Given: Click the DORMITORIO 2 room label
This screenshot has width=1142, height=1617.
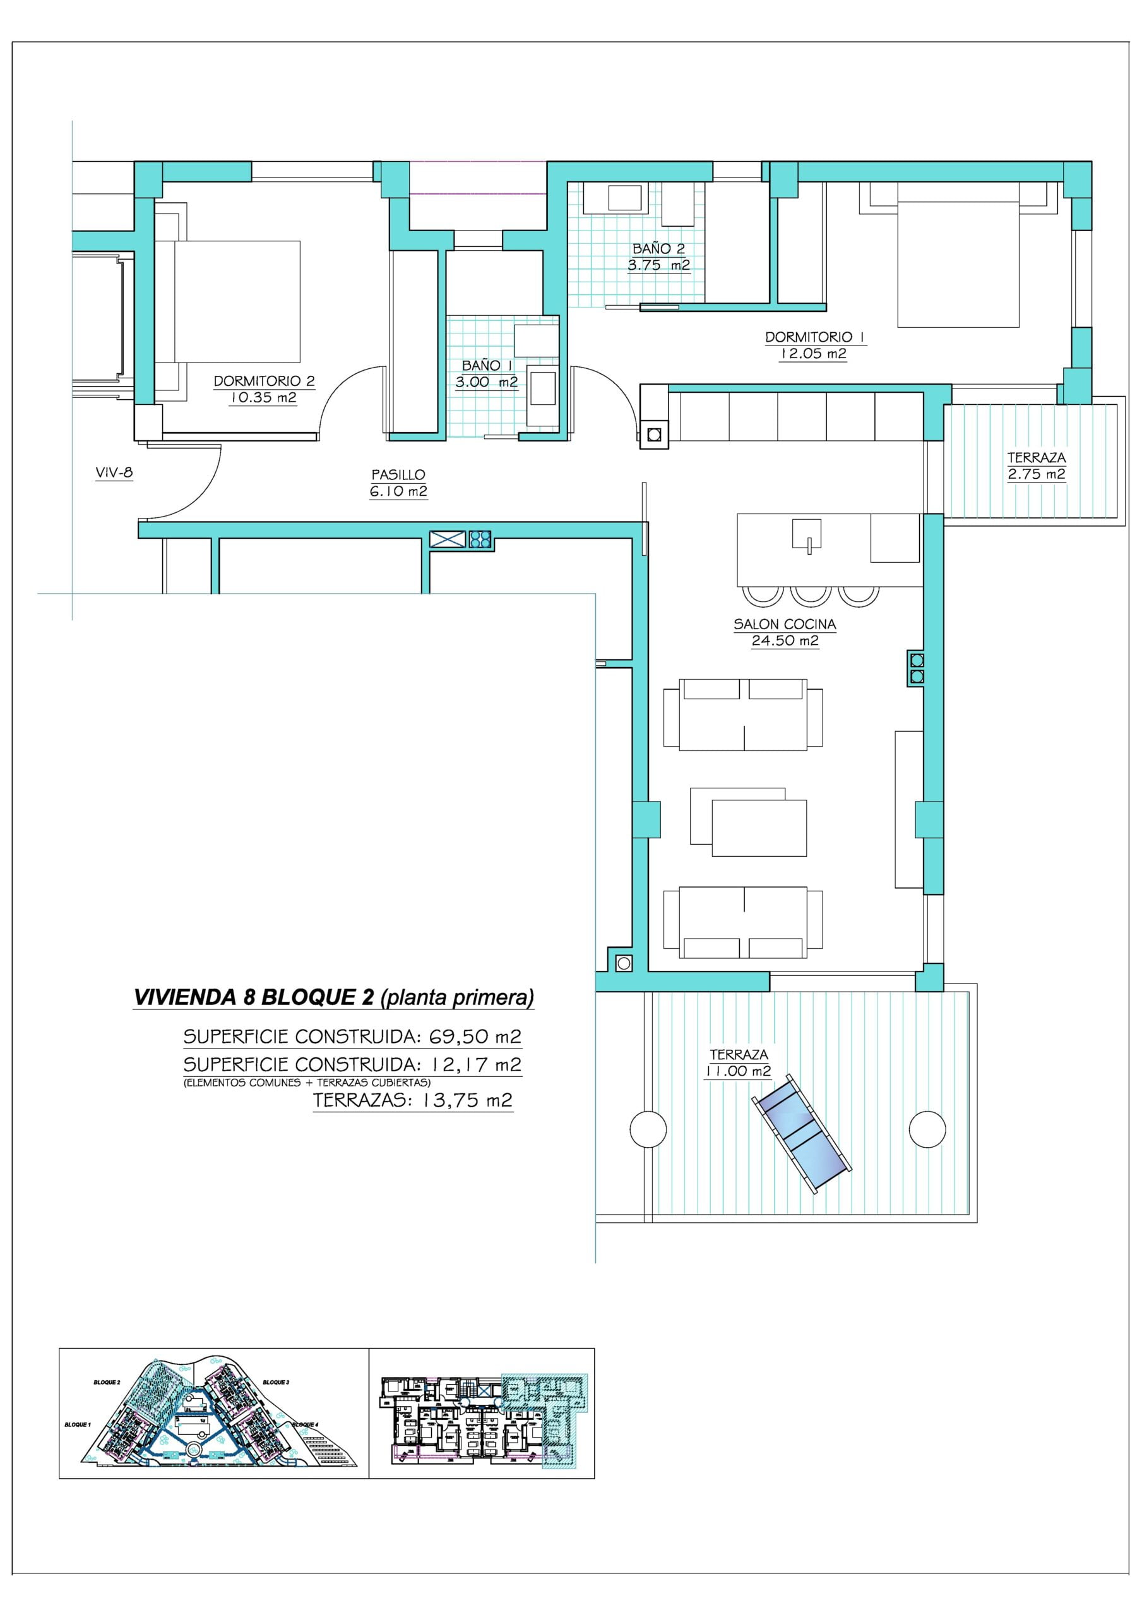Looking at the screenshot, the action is (264, 381).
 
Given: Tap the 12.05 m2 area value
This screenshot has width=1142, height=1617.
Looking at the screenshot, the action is (812, 354).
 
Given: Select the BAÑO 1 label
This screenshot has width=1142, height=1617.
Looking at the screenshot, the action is (487, 366).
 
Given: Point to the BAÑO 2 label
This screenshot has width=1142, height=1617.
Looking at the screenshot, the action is (658, 249).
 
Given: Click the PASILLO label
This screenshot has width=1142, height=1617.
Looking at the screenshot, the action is (398, 474).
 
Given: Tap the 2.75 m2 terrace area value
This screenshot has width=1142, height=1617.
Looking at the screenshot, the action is (1037, 474).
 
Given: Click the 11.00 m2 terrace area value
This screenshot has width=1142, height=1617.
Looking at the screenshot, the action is (739, 1071).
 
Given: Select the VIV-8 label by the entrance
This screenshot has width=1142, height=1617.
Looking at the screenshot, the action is (114, 472).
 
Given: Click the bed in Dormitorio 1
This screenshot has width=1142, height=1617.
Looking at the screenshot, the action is (958, 255).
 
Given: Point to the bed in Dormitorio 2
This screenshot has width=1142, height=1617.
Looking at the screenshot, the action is (227, 302).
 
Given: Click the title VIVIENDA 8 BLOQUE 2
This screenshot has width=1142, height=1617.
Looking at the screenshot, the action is (254, 997).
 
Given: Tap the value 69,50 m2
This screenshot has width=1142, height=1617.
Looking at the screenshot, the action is (475, 1037).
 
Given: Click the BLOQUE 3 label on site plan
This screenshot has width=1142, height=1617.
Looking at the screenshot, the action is (276, 1383).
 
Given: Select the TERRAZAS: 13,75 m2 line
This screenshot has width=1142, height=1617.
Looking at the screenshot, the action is (413, 1100).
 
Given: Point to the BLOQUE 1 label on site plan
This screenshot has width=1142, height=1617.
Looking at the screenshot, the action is (78, 1425).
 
